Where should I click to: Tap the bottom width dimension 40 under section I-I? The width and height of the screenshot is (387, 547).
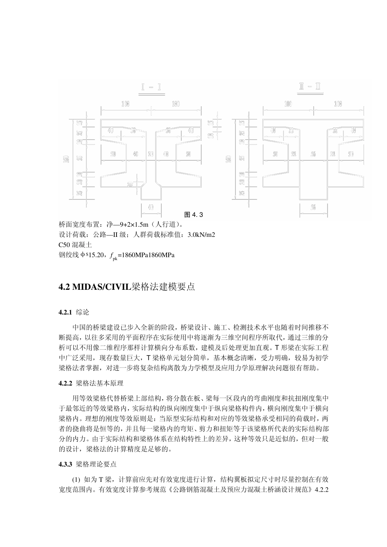coord(151,206)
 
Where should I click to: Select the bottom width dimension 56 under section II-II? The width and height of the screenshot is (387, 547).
coord(313,207)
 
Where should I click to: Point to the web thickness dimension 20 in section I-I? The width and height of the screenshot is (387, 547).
coord(151,154)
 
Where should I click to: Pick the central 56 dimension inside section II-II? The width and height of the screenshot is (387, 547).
coord(313,154)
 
